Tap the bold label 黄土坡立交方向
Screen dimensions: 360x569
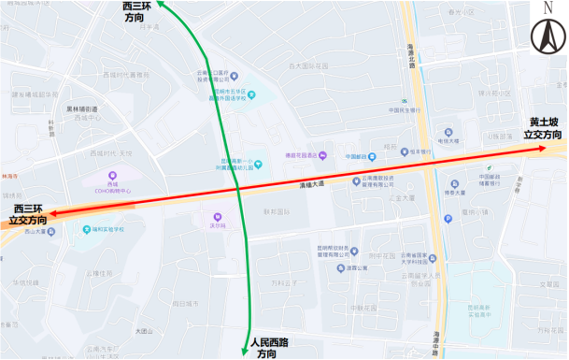pyautogui.click(x=543, y=128)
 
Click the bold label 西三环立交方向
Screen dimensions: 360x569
pyautogui.click(x=27, y=214)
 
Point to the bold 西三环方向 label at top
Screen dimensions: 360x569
pyautogui.click(x=140, y=12)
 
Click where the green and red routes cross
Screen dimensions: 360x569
pyautogui.click(x=240, y=190)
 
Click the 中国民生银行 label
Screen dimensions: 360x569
pyautogui.click(x=407, y=110)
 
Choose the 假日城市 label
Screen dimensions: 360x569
pyautogui.click(x=184, y=304)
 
